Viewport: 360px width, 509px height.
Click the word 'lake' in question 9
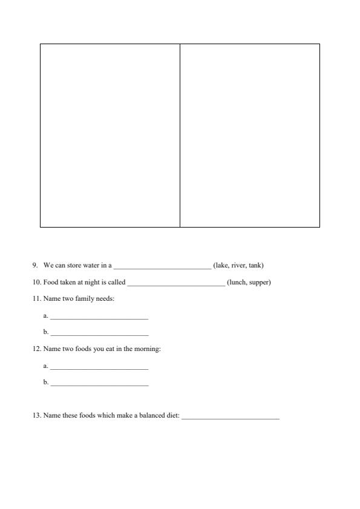coord(221,265)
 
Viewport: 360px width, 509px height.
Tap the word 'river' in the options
coord(237,265)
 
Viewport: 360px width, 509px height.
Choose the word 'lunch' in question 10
coord(237,282)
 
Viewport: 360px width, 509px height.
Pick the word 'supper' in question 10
coord(259,282)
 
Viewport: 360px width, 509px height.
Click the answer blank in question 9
coord(162,266)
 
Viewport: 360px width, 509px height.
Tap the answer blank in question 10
coord(175,283)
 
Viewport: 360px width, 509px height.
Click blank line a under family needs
coord(99,317)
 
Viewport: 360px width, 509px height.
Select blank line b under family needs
coord(99,333)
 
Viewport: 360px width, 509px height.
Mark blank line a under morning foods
coord(99,367)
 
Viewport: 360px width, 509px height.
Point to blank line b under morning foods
coord(99,384)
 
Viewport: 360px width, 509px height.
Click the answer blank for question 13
coord(231,417)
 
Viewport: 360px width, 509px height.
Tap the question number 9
coord(35,265)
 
